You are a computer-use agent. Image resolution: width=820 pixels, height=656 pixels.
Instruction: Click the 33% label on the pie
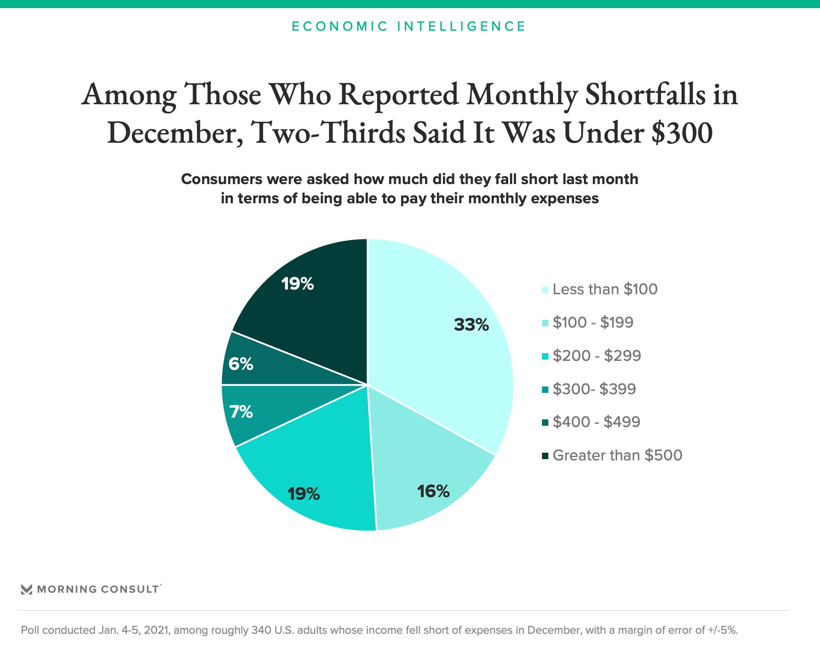coord(471,325)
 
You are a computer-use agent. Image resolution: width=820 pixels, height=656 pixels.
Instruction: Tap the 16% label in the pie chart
coord(433,492)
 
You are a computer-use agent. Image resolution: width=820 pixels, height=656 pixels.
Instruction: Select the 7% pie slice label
coord(241,412)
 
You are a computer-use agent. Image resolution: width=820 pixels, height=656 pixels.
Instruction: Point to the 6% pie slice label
coord(241,364)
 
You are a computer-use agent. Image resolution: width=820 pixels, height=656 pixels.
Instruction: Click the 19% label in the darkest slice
coord(298,284)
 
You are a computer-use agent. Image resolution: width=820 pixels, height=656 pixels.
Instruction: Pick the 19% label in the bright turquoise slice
coord(303,494)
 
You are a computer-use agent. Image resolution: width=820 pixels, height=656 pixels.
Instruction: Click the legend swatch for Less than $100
coord(545,290)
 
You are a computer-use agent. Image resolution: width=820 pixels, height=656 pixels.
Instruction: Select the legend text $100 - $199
coord(593,322)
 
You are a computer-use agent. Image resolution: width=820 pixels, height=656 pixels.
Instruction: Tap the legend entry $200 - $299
coord(597,356)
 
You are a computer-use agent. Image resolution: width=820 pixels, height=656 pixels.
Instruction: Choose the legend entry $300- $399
coord(594,389)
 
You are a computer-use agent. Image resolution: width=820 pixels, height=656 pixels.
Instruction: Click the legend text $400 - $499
coord(596,422)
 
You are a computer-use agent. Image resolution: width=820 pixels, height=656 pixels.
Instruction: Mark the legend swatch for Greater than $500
coord(545,456)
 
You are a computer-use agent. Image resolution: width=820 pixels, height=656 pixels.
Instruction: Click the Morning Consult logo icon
coord(26,589)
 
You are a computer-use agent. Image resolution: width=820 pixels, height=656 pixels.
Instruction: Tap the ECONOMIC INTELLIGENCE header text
coord(409,26)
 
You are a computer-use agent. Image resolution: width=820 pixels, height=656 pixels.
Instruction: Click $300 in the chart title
coord(682,133)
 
